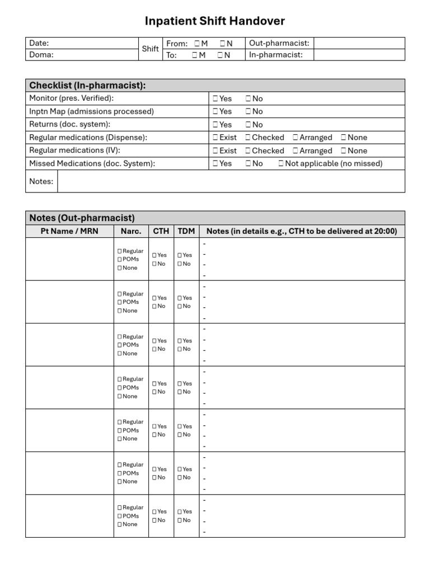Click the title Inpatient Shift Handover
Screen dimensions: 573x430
215,21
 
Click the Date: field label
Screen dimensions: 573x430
39,43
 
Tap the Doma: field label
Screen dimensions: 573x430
41,55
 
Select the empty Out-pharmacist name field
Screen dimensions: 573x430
359,43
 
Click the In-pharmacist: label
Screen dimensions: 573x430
275,55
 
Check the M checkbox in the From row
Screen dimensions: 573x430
197,44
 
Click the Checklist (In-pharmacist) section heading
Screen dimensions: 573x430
87,86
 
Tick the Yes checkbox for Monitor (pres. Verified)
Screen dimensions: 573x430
216,99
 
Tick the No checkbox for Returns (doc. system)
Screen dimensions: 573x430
248,125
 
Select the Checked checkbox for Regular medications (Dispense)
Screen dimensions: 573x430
248,138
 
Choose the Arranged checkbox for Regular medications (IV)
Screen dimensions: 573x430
296,151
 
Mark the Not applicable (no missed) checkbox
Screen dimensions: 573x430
281,164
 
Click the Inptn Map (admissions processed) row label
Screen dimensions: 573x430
91,111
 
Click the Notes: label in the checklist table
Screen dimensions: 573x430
41,181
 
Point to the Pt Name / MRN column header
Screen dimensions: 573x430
69,231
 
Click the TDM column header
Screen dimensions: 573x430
186,231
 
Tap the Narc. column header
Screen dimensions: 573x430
131,231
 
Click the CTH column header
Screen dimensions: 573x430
161,231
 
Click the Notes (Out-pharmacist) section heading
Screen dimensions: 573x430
82,218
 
